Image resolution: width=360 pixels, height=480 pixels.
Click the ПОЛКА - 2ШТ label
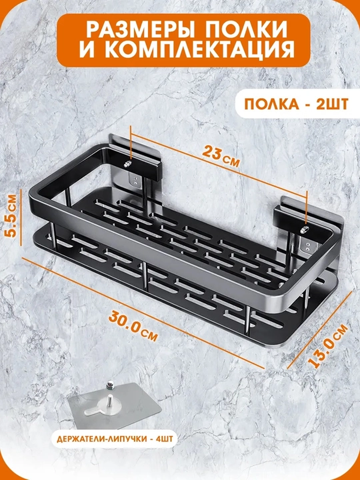pyautogui.click(x=296, y=105)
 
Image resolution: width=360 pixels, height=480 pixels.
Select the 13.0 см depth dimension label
pyautogui.click(x=328, y=345)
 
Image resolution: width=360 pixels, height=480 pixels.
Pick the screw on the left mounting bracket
pyautogui.click(x=128, y=164)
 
